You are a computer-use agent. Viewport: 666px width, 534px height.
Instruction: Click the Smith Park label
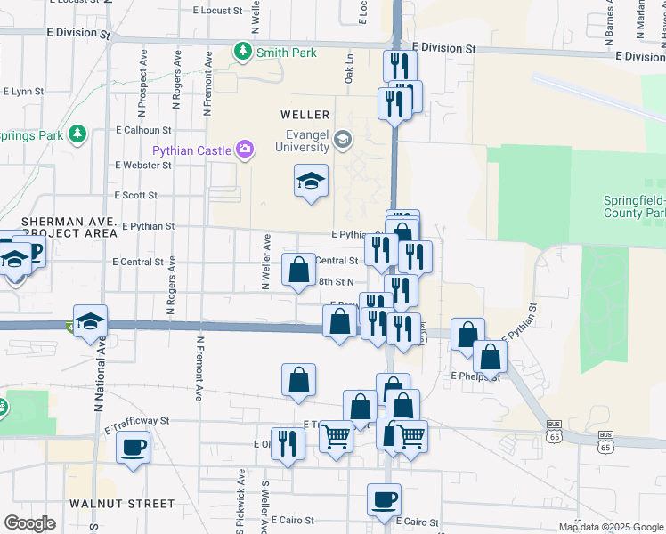coord(286,53)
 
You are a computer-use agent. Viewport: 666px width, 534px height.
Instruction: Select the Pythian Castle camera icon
coord(244,150)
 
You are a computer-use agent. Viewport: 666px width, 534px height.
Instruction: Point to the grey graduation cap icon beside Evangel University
coord(342,139)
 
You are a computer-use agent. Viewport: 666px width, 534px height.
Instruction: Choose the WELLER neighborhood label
coord(305,115)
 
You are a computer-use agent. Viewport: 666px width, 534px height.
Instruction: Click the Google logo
coord(29,523)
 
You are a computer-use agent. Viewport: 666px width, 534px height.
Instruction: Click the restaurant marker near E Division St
coord(400,66)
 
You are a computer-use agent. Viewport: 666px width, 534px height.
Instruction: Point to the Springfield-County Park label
coord(635,207)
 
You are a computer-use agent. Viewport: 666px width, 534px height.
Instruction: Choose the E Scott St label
coord(135,195)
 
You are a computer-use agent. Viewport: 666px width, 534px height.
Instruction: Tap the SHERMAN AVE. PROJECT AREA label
coord(59,226)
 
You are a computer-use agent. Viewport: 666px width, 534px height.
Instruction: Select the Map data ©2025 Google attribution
coord(611,527)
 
